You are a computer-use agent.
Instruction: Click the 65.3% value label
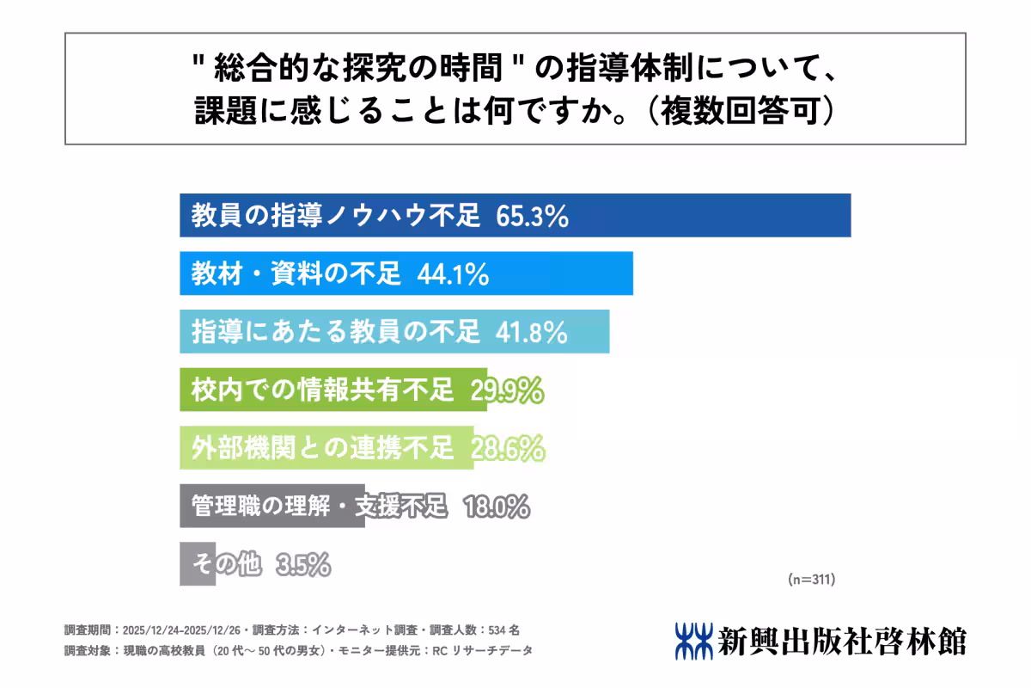click(533, 217)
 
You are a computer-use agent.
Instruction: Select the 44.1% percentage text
click(453, 274)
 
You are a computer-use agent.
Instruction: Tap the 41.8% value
click(532, 332)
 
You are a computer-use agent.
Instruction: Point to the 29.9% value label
click(507, 390)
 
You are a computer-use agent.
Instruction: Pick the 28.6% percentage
click(508, 448)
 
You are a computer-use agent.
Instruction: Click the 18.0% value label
click(496, 507)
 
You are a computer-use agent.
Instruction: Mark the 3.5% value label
click(303, 564)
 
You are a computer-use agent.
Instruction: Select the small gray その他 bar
click(197, 564)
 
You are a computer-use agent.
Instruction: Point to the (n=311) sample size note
click(811, 580)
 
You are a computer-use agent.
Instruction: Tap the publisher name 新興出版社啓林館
click(843, 641)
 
